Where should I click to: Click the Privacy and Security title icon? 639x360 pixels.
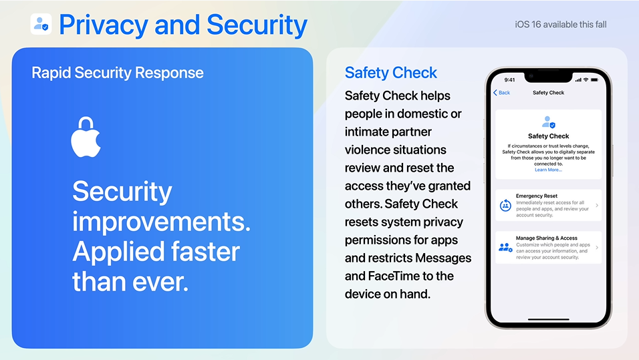[x=41, y=24]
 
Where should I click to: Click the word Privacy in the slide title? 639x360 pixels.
[x=104, y=25]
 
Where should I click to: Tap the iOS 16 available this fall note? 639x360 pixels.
[x=560, y=25]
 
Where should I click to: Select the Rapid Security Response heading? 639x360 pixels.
[x=118, y=73]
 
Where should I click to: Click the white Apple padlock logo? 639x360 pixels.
[x=86, y=137]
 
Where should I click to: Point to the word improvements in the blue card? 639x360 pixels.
[x=161, y=222]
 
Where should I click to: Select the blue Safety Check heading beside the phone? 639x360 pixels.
[x=391, y=73]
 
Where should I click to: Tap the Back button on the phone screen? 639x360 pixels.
[x=502, y=92]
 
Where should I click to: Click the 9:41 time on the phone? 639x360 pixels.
[x=509, y=80]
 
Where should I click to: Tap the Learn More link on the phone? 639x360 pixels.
[x=548, y=170]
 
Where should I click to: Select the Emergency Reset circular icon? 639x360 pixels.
[x=505, y=205]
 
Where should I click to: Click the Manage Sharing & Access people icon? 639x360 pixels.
[x=505, y=247]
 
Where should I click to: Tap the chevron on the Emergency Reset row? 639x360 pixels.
[x=597, y=205]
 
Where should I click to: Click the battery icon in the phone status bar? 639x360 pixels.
[x=595, y=80]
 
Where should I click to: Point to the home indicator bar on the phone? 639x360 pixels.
[x=548, y=319]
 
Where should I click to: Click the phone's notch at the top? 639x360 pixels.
[x=548, y=75]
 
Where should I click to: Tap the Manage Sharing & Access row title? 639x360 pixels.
[x=547, y=238]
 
